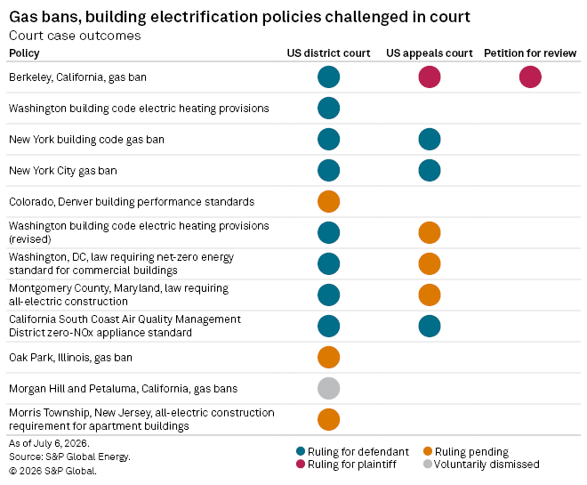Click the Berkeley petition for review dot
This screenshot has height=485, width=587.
[530, 77]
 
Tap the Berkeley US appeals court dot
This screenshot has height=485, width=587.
[430, 77]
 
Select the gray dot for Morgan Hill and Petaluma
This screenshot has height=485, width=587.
[329, 388]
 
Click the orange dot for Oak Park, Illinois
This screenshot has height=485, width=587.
[329, 357]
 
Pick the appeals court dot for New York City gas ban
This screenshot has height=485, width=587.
[430, 170]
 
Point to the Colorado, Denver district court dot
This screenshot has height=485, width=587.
[329, 201]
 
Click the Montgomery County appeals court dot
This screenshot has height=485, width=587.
[430, 295]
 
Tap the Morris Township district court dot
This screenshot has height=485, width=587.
[329, 419]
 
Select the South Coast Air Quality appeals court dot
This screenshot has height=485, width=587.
[430, 327]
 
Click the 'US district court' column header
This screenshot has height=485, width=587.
[329, 53]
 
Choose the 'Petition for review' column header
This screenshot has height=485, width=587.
[530, 53]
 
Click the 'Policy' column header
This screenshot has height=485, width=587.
[24, 53]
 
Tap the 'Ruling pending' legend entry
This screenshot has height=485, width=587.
[466, 452]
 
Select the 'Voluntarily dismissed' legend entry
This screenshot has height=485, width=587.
[481, 465]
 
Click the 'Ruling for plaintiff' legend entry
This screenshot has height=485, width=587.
[346, 465]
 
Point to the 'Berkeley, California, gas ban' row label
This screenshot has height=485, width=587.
[77, 77]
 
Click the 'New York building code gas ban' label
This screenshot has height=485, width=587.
[86, 140]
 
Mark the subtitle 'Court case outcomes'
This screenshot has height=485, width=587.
[75, 36]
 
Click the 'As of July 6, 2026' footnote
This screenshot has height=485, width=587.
[49, 443]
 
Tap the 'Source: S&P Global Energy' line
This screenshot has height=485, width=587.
[69, 457]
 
